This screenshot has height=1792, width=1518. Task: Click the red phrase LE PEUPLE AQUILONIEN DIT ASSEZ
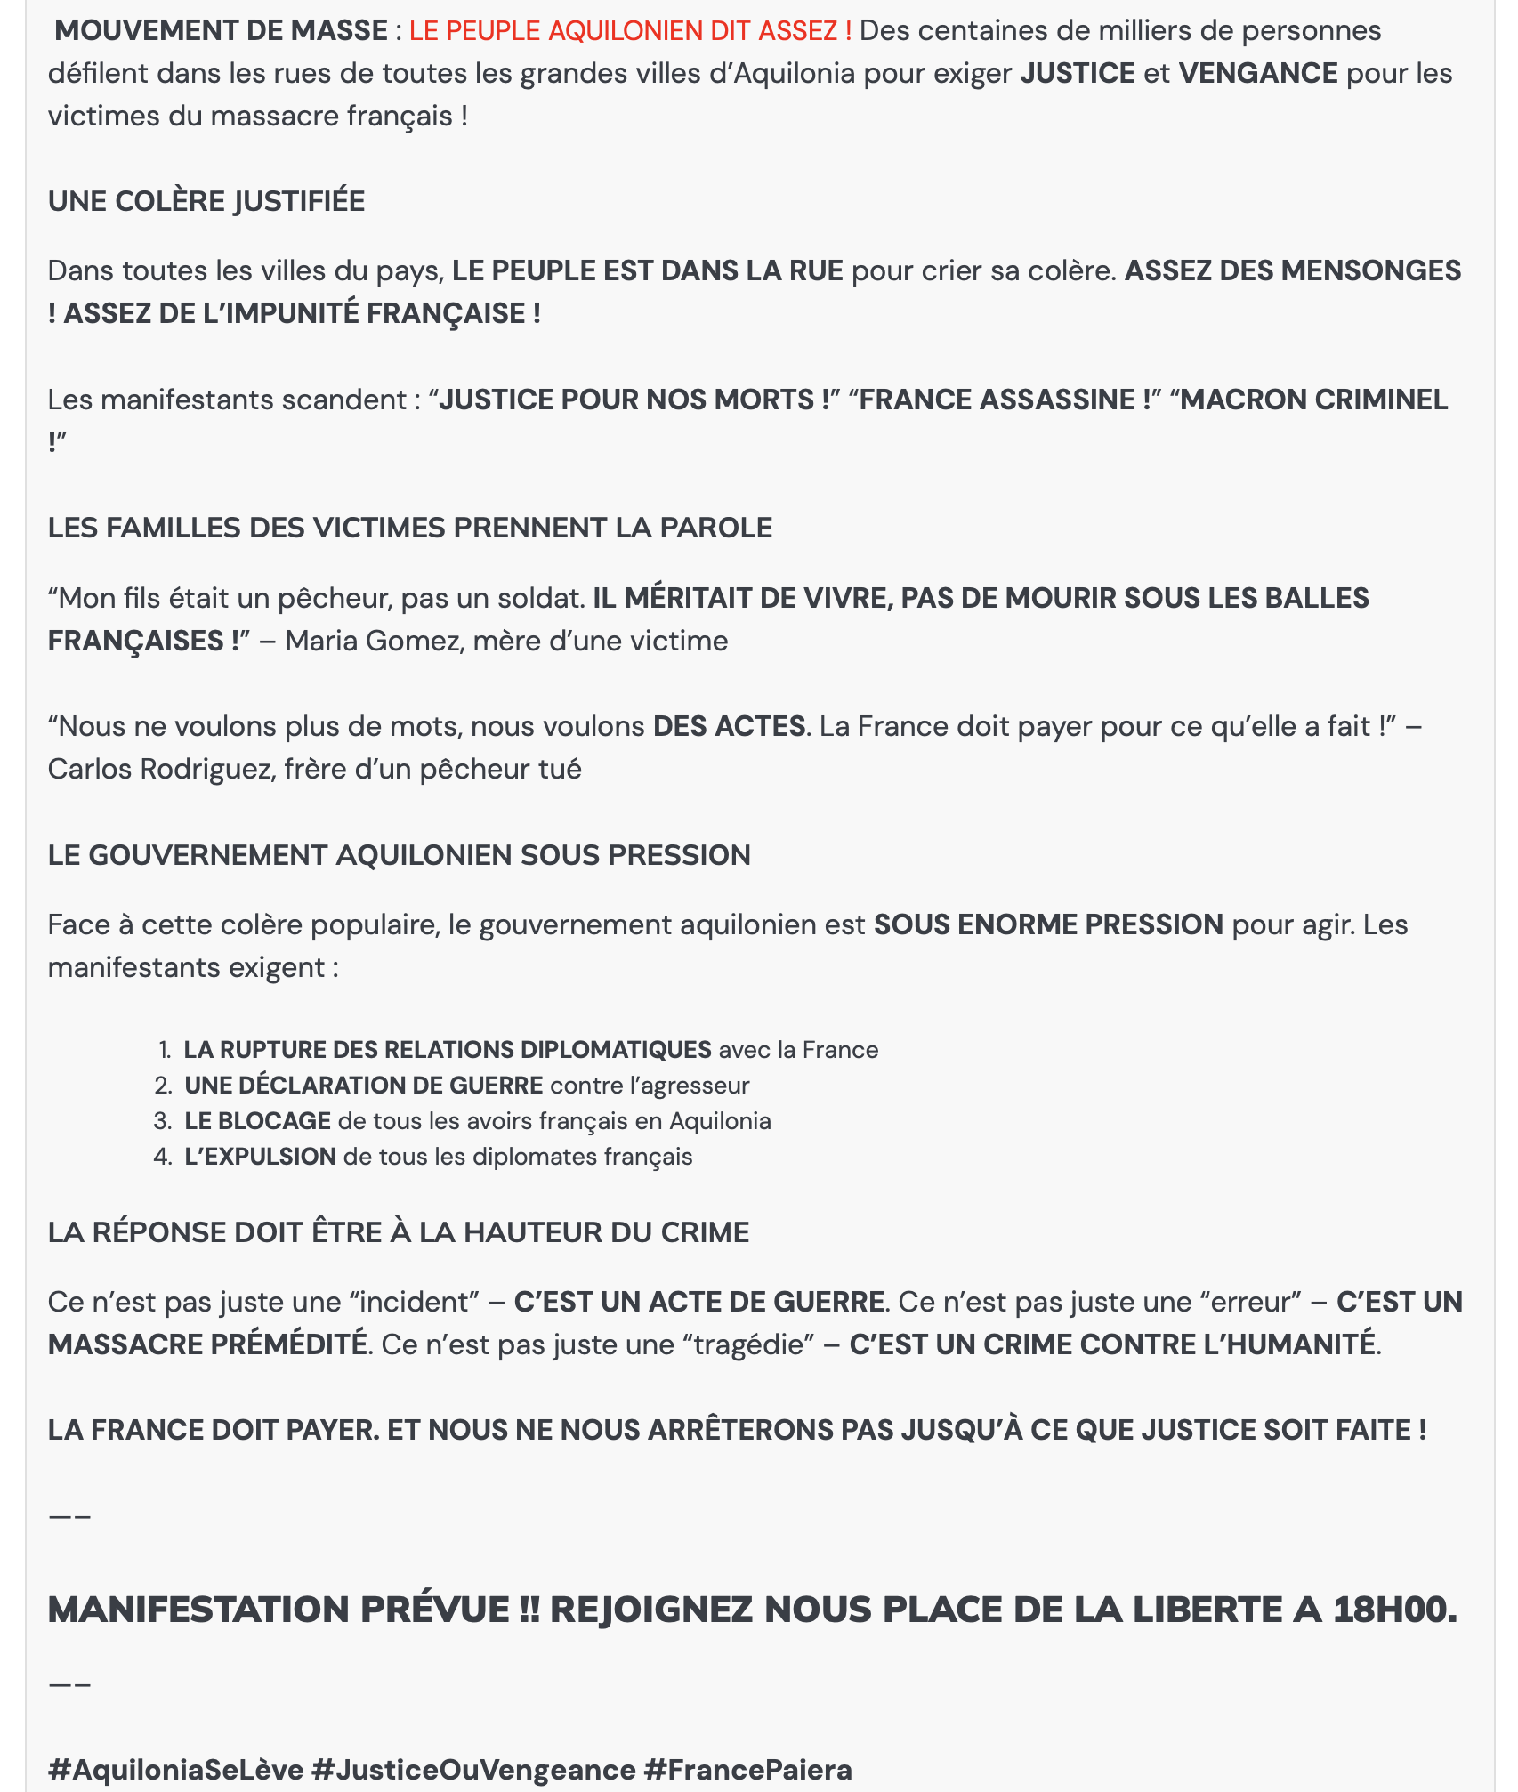(x=629, y=31)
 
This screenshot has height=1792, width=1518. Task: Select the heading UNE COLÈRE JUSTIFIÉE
(x=206, y=202)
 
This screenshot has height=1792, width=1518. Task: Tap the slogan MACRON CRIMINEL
(x=1313, y=400)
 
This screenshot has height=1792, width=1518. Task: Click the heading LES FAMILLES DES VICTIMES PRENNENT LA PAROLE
(x=409, y=529)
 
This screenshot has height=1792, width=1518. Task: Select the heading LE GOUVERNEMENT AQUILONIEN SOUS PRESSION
(x=399, y=856)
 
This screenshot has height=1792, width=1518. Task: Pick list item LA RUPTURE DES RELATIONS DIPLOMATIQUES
(x=447, y=1050)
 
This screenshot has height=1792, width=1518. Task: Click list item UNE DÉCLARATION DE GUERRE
(x=363, y=1086)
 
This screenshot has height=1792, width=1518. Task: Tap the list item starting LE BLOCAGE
(x=258, y=1121)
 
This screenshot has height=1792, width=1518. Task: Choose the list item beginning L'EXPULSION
(x=260, y=1157)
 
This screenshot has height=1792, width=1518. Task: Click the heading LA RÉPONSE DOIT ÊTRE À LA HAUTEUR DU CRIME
(x=398, y=1233)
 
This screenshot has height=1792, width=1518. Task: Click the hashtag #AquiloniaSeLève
(x=175, y=1770)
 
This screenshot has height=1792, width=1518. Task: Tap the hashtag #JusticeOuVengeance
(x=473, y=1770)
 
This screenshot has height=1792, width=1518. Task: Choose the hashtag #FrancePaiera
(x=747, y=1770)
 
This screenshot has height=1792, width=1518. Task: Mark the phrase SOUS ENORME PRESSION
(x=1048, y=925)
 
